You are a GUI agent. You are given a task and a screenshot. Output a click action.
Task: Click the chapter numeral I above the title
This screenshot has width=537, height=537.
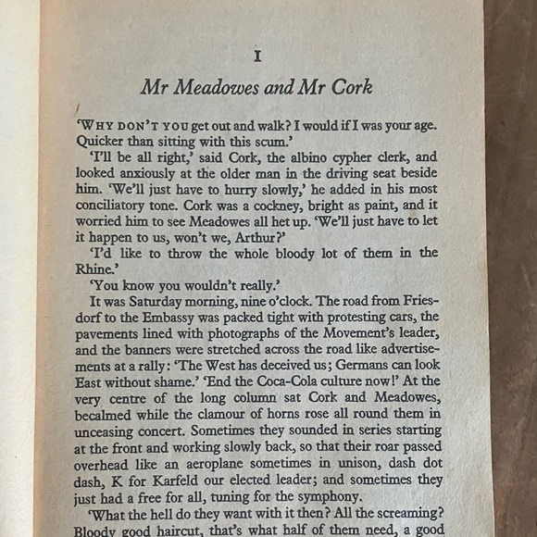(x=257, y=56)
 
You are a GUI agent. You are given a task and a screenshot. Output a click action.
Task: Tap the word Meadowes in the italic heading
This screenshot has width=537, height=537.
(x=218, y=89)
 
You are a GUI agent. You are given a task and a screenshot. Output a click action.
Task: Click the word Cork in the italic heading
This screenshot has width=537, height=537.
(x=353, y=89)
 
